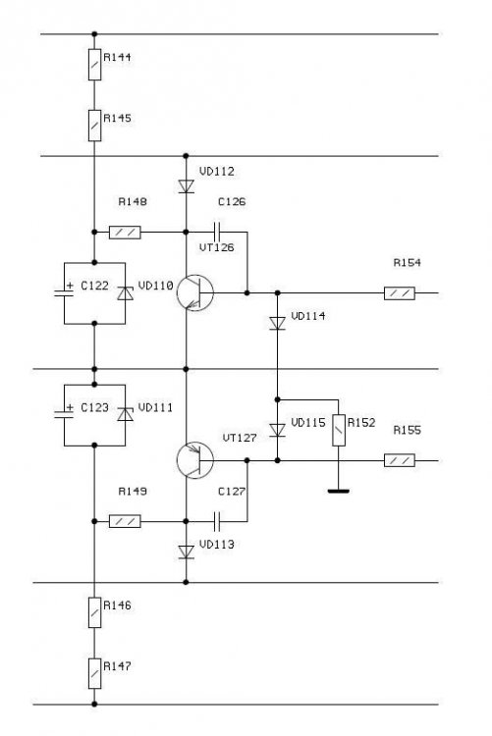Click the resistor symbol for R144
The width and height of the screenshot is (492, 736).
tap(95, 65)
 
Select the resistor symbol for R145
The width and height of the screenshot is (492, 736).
tap(95, 126)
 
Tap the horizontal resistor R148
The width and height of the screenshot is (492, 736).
tap(125, 233)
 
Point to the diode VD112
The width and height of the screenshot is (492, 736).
tap(186, 186)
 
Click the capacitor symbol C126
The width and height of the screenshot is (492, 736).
tap(217, 232)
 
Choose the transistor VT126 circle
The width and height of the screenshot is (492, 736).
tap(195, 292)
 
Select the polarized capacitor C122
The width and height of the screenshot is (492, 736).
tap(64, 292)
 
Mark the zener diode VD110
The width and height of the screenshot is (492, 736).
tap(125, 293)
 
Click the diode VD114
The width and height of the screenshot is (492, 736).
tap(277, 324)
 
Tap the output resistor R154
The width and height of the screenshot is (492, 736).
tap(400, 293)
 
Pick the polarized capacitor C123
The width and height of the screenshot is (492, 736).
tap(64, 414)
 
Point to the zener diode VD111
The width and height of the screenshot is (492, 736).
tap(125, 414)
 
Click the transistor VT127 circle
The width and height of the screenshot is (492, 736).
tap(195, 460)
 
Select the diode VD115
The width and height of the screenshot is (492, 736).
tap(277, 430)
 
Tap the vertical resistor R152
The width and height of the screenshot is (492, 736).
tap(339, 431)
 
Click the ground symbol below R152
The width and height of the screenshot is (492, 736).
tap(339, 491)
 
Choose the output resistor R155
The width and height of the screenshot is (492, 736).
tap(400, 460)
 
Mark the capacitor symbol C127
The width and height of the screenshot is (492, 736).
tap(217, 521)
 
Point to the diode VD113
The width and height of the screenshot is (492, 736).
tap(186, 552)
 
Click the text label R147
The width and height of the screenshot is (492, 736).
tap(117, 665)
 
